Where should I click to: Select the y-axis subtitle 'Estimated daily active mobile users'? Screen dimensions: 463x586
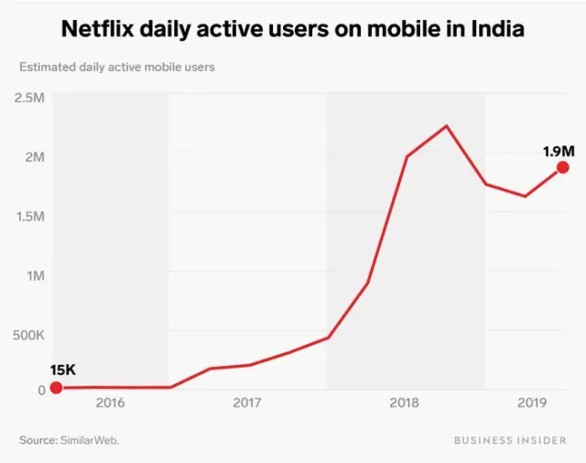[117, 67]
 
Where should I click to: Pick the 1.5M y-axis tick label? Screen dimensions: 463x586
[30, 216]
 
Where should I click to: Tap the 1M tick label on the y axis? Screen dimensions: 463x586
[36, 275]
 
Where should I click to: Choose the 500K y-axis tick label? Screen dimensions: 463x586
[28, 335]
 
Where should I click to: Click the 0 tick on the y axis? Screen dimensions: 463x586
[41, 389]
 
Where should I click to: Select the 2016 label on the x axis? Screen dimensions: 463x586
[110, 403]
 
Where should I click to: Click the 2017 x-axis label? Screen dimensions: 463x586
[247, 403]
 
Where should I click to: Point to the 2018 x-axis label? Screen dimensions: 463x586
[405, 403]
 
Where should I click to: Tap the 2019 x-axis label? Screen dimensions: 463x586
[532, 403]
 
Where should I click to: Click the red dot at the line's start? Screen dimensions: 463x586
[56, 387]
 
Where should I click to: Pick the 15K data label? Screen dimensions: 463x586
[63, 370]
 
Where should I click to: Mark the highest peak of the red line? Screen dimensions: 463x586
[446, 125]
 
